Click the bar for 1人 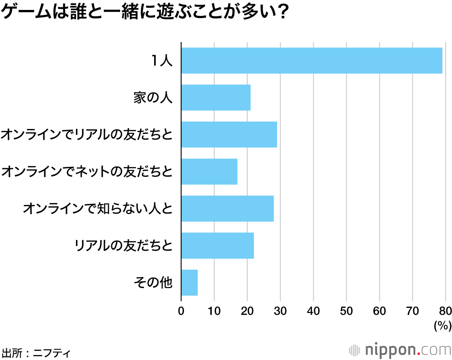tap(311, 61)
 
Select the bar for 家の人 tap(216, 98)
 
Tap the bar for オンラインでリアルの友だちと tap(229, 134)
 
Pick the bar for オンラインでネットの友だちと tap(209, 171)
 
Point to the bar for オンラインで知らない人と tap(227, 208)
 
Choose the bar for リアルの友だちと tap(217, 246)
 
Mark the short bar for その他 tap(189, 283)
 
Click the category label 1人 tap(162, 61)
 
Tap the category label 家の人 tap(153, 98)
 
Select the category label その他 tap(153, 283)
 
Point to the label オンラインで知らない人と tap(98, 208)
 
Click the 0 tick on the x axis tap(181, 311)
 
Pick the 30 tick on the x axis tap(280, 311)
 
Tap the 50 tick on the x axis tap(346, 311)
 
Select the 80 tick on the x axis tap(445, 311)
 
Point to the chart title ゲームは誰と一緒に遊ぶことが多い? tap(145, 13)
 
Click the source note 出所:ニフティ tap(36, 351)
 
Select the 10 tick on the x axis tap(214, 311)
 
